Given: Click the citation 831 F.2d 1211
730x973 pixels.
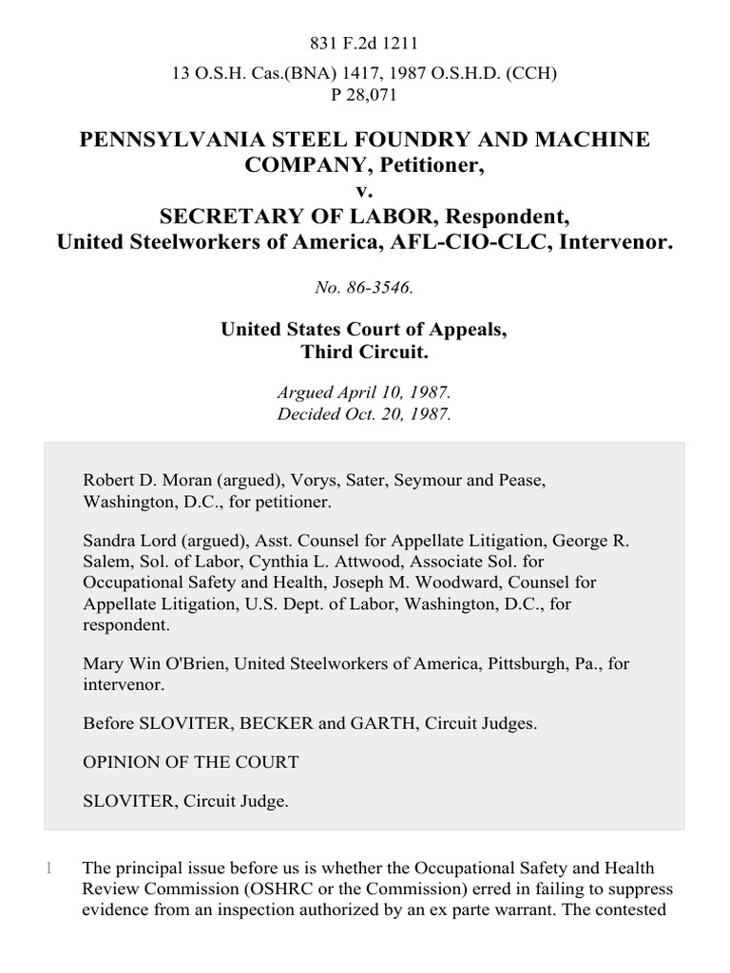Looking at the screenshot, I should point(365,43).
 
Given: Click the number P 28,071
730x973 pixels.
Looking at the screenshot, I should point(365,94).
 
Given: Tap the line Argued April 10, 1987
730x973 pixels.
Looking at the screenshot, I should point(365,392).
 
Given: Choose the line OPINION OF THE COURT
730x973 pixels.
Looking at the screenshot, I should point(191,762).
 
